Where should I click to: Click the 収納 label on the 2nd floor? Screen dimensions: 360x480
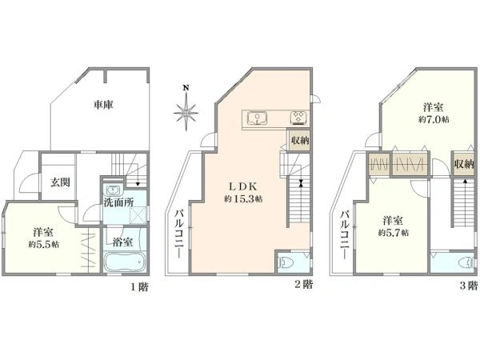tap(300, 142)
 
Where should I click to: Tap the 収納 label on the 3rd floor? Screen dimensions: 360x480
tap(464, 164)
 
